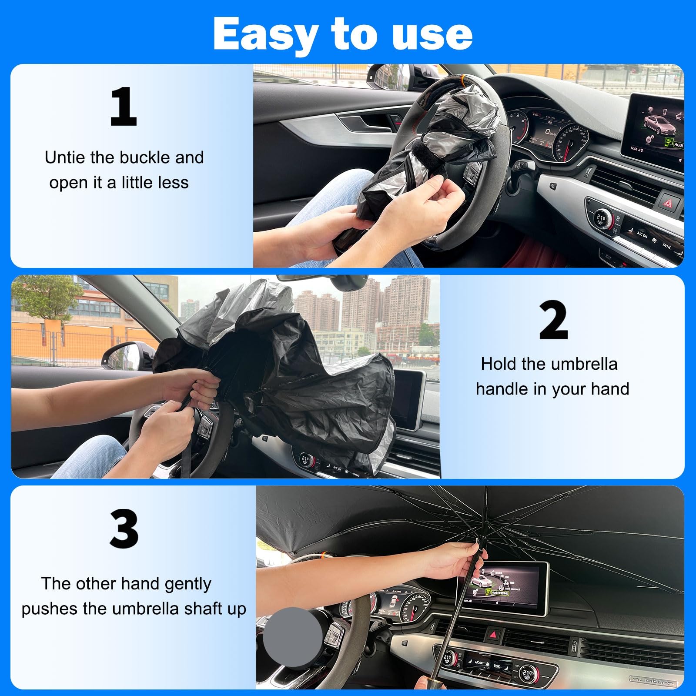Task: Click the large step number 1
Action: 124,107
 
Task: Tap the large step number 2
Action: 553,321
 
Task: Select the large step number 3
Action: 124,529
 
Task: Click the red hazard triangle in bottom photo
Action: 493,635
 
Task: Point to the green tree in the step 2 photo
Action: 46,296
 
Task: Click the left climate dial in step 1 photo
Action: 602,217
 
